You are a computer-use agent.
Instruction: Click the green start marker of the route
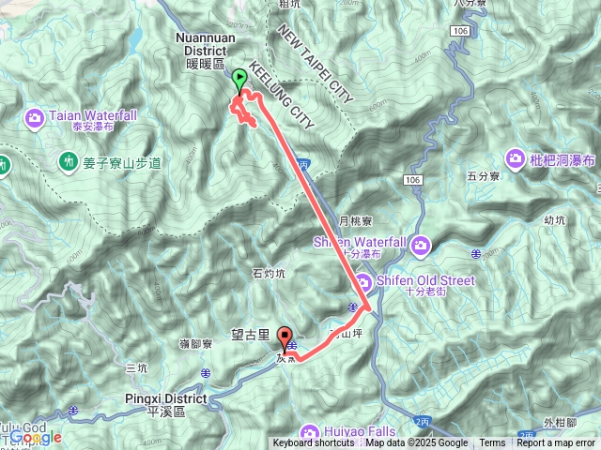(239, 81)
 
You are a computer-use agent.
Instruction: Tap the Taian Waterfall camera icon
(35, 117)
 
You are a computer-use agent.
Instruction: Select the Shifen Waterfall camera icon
(421, 246)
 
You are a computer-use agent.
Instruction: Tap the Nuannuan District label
(201, 44)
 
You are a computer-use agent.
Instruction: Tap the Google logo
(36, 437)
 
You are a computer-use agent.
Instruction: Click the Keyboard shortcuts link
(314, 443)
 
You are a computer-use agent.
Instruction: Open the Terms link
(492, 443)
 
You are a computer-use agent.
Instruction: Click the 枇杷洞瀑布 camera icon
(516, 158)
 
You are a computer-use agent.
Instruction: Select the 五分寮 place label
(485, 175)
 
